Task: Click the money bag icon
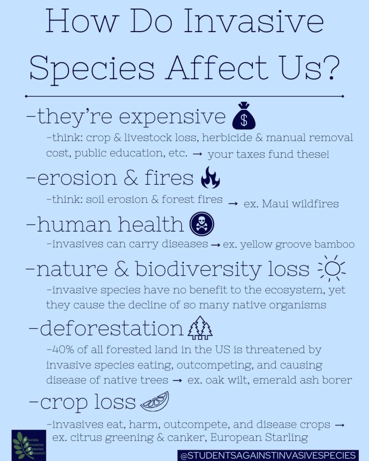pos(244,116)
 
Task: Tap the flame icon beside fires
pos(210,178)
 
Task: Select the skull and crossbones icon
pos(202,224)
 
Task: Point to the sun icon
pos(332,268)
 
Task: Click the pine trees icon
pos(200,328)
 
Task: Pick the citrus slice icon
pos(155,402)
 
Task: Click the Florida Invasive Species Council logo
pos(29,445)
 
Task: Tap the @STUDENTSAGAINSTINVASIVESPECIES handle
pos(268,456)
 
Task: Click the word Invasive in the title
pos(254,21)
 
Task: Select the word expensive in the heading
pos(172,117)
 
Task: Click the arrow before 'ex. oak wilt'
pos(178,380)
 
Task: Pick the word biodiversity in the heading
pos(198,269)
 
